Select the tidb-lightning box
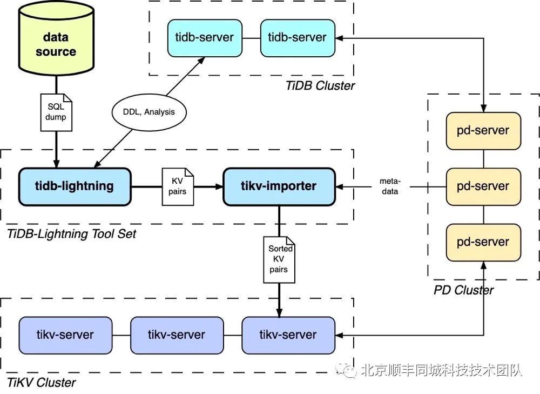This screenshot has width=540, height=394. pos(75,186)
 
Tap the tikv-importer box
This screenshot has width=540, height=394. pos(279,186)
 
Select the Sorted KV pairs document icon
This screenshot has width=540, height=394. pos(279,259)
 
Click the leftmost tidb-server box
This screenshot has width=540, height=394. pos(205,38)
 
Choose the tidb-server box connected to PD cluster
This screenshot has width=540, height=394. pos(298,38)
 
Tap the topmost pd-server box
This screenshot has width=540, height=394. pos(483,131)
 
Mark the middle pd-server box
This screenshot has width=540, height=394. pos(483,186)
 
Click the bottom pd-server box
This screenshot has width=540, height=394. pos(483,242)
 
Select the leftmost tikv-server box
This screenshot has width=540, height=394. pos(65,335)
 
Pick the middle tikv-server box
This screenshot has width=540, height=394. pos(177,335)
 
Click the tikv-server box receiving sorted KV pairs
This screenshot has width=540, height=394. pos(288,335)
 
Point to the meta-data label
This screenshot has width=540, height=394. pos(389,186)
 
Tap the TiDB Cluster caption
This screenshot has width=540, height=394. pos(320,85)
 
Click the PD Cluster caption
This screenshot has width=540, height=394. pos(463,290)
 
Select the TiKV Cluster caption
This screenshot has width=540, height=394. pos(41,383)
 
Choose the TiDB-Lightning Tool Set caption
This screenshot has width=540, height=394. pos(71,234)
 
